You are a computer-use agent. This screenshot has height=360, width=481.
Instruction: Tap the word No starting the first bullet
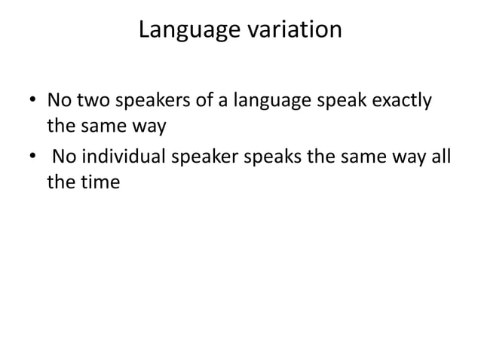coord(58,100)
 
